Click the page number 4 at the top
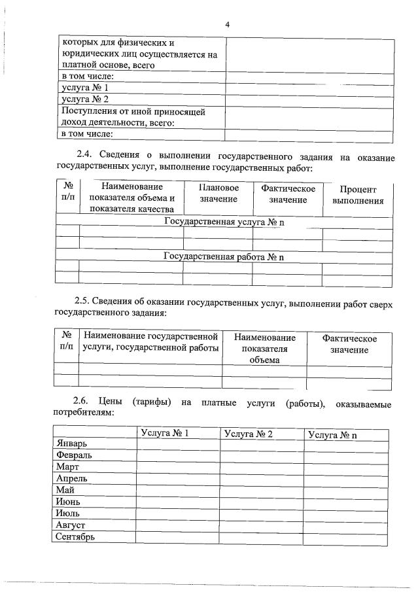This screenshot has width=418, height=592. [x=227, y=25]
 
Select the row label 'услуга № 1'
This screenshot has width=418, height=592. [x=84, y=88]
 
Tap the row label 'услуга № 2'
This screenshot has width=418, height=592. [x=84, y=99]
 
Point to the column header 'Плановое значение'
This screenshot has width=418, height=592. [x=218, y=193]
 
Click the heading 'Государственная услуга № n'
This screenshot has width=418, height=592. [x=224, y=222]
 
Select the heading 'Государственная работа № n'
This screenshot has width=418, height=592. [x=224, y=257]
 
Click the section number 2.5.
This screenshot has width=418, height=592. [x=84, y=302]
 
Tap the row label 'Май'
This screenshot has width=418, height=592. [x=65, y=490]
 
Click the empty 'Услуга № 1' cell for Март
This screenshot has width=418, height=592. [x=178, y=467]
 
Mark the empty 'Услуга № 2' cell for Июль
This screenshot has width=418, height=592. [x=262, y=514]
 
